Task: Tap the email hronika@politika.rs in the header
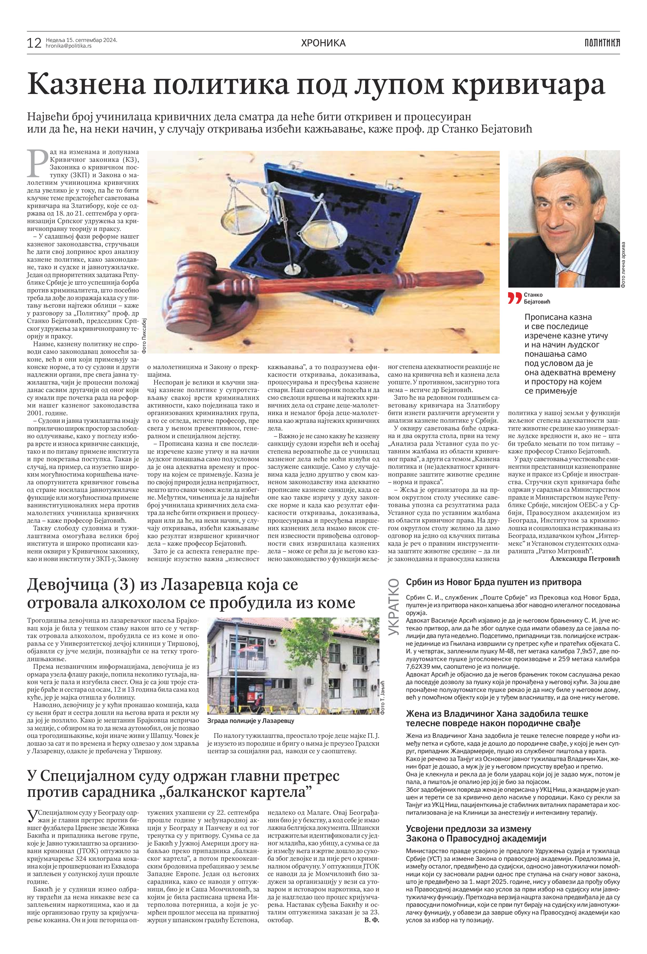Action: click(x=68, y=46)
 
